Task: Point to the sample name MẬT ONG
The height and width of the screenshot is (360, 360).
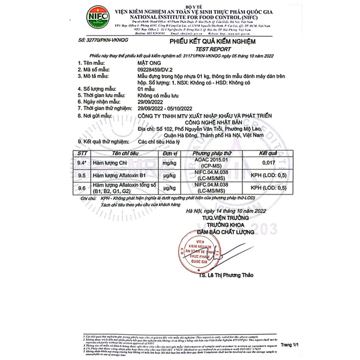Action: (x=149, y=62)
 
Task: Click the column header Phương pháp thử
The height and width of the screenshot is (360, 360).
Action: (x=215, y=154)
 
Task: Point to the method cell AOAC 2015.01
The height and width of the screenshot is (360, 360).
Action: (x=215, y=160)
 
